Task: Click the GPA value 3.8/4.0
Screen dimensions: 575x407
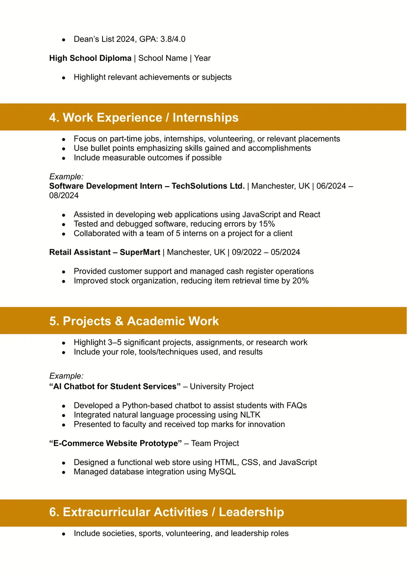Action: point(173,39)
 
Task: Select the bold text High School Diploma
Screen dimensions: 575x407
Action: point(90,58)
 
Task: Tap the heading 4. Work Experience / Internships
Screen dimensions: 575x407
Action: point(144,117)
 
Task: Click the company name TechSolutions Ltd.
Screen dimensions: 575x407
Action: point(208,186)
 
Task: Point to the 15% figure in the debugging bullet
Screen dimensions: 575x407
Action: point(267,224)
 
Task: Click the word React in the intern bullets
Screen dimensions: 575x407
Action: point(309,215)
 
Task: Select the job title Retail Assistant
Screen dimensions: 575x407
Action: point(80,252)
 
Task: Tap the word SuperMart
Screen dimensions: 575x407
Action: point(140,252)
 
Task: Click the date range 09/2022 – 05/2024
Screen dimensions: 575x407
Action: point(266,252)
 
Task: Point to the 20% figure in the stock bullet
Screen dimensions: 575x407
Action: point(300,281)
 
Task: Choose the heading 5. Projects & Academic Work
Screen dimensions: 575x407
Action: point(134,321)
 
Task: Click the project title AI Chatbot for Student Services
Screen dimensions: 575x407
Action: point(115,387)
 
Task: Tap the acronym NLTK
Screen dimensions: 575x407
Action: point(250,415)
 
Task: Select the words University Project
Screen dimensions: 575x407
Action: point(222,387)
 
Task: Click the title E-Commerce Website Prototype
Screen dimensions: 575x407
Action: point(115,444)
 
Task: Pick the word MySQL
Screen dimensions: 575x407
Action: point(222,472)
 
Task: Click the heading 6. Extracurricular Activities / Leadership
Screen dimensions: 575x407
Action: point(167,512)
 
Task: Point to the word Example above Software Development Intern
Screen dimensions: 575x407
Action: point(66,177)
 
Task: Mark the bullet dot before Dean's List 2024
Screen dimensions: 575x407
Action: point(64,40)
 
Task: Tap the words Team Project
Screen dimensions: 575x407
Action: point(215,444)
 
